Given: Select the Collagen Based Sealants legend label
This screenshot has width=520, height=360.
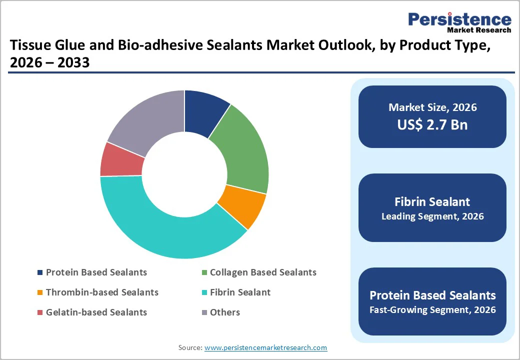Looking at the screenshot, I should point(263,272).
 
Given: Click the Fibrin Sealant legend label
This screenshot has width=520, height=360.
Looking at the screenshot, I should point(240,292).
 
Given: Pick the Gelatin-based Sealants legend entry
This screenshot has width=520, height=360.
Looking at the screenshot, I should point(96,312).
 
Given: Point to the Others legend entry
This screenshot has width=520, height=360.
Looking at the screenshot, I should point(224,312).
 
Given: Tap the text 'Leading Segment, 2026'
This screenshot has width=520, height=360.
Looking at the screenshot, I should point(432,216).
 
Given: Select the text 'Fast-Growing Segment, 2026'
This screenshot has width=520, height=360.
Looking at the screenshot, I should point(432,310).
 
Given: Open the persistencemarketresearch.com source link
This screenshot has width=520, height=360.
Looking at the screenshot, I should point(265,347).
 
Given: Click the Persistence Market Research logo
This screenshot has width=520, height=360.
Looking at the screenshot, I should point(459,22).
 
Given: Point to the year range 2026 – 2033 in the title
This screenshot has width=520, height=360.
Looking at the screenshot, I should point(49,63).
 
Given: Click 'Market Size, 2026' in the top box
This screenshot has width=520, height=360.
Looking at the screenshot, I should point(432,107).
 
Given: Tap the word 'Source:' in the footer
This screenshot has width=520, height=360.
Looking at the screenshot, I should point(190,347).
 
